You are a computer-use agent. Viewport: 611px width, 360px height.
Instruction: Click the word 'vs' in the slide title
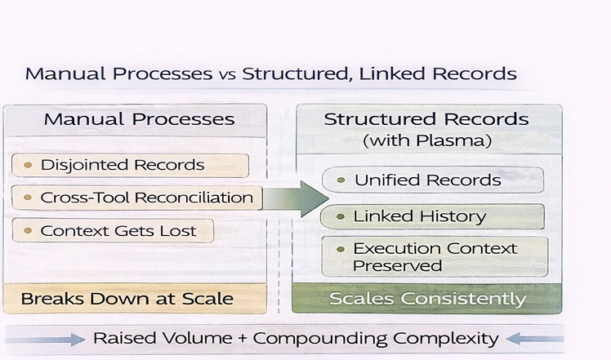click(x=225, y=74)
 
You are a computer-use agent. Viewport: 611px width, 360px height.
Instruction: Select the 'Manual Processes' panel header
click(x=139, y=119)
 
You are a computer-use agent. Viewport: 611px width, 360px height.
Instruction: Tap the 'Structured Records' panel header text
click(x=426, y=119)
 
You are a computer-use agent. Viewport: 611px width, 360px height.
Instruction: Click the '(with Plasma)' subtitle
click(x=426, y=140)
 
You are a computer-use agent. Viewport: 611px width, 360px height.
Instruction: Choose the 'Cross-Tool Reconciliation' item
click(x=136, y=198)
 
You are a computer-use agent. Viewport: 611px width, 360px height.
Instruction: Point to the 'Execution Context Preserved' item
click(x=435, y=257)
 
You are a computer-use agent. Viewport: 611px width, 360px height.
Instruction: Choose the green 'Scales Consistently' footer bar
click(x=427, y=299)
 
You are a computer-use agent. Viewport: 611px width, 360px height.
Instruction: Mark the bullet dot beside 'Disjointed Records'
click(x=28, y=165)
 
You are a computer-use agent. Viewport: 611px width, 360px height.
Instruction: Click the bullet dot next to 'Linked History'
click(x=341, y=216)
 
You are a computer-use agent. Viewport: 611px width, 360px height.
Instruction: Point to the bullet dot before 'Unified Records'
click(x=341, y=180)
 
